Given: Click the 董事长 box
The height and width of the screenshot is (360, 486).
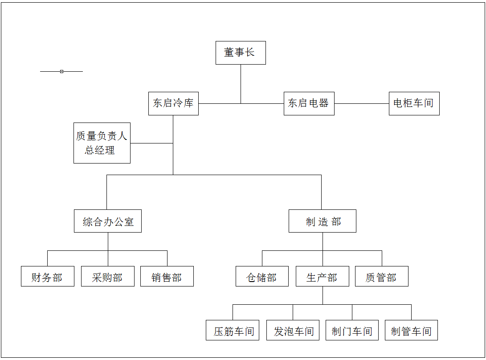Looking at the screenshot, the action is (241, 53).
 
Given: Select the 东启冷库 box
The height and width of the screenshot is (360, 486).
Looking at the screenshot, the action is (173, 103).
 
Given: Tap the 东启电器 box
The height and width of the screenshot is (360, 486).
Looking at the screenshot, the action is (309, 103).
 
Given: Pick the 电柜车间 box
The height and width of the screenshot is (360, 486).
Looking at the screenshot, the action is (414, 103).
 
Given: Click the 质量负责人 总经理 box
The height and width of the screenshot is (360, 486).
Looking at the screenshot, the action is (102, 143).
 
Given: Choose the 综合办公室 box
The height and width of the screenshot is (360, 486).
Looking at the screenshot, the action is (108, 221).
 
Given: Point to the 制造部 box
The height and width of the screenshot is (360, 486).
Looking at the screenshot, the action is (323, 221).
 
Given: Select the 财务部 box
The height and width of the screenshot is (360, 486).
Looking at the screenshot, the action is (47, 276).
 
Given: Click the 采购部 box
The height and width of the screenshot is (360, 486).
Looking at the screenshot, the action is (107, 276).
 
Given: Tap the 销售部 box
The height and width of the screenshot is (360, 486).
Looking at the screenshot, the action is (167, 276).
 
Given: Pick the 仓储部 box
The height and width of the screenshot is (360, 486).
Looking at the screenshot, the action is (262, 276).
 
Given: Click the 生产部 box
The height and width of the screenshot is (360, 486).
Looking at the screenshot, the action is (323, 276).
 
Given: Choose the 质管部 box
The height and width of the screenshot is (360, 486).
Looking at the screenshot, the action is (382, 276).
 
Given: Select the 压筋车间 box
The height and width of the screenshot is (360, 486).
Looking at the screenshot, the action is (233, 330).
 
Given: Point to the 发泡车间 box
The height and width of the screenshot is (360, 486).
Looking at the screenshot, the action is (293, 330).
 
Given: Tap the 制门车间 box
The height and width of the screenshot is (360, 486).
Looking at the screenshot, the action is (352, 330).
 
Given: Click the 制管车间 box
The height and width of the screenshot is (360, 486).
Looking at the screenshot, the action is (411, 330).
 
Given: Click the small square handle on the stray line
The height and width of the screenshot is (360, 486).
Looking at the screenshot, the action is (61, 72).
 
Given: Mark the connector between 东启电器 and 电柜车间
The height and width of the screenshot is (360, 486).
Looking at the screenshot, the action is (362, 103).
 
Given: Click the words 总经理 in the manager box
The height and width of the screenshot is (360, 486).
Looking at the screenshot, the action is (100, 151).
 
